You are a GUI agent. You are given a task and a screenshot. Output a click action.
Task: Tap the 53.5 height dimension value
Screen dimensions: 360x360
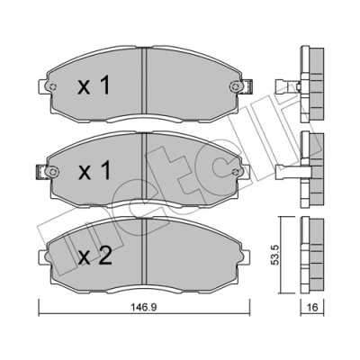coord(276,255)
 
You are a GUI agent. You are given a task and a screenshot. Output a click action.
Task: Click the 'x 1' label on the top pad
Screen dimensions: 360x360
coord(94,85)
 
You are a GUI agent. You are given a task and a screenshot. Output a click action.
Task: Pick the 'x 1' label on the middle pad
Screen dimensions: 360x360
coord(94,170)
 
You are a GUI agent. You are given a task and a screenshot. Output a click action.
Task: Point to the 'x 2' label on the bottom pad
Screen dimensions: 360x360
coord(94,256)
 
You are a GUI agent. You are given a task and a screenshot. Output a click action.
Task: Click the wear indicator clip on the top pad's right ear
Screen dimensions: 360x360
coord(249,85)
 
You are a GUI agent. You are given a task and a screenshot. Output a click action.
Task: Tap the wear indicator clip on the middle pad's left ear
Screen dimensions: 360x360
coord(40,172)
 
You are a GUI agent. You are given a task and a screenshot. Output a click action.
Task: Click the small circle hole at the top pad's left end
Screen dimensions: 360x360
coord(53,87)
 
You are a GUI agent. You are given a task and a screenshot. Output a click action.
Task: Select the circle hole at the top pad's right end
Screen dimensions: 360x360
coord(236,86)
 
